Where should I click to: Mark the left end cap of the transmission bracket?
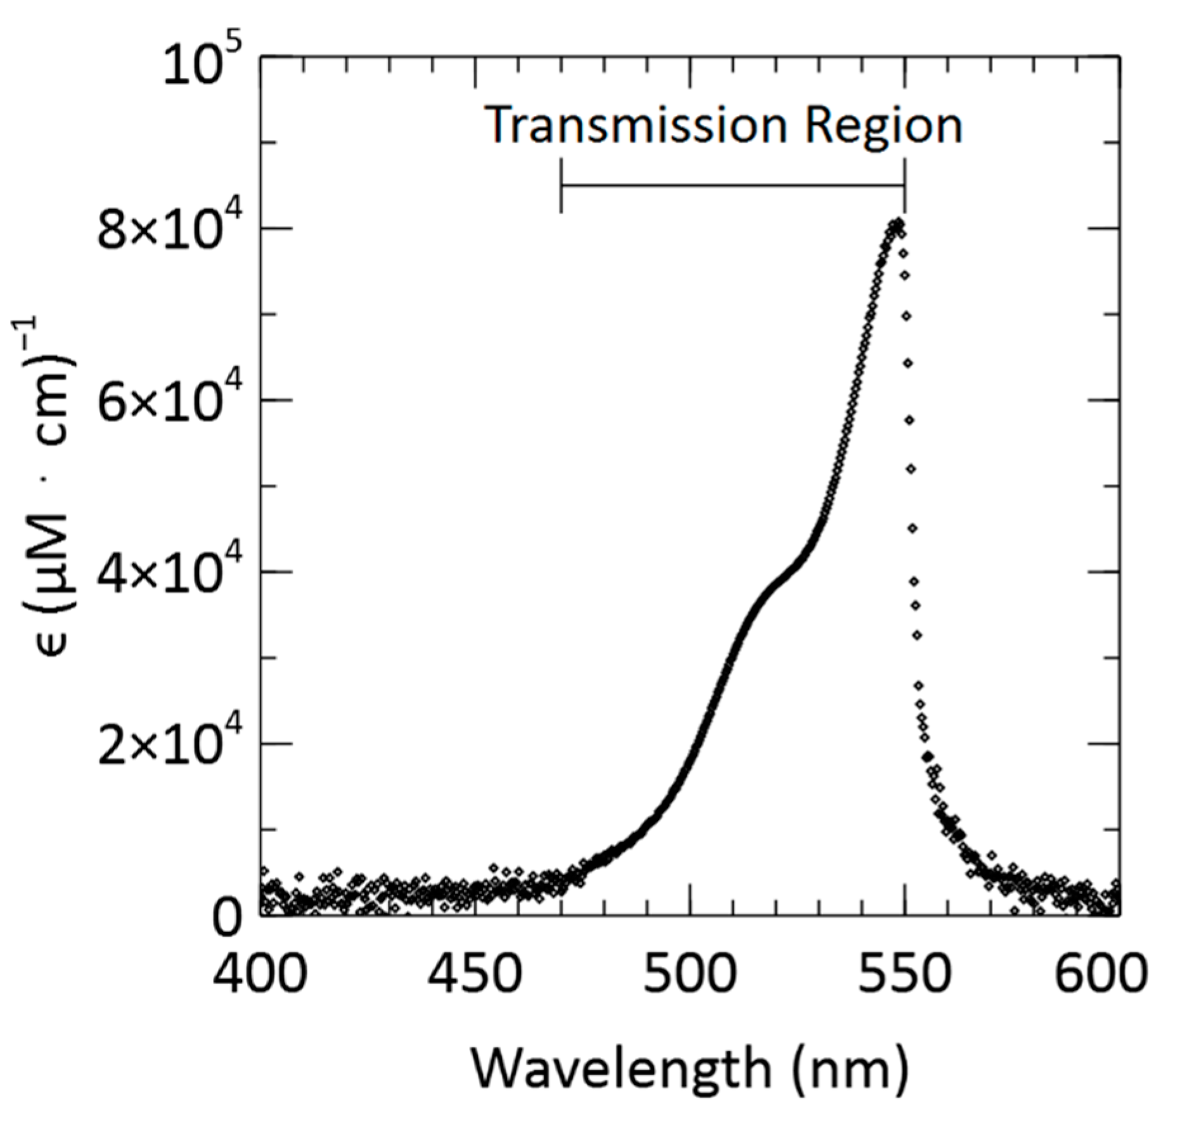coord(562,186)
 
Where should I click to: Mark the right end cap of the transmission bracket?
coord(904,186)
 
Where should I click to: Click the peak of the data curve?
coord(897,224)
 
